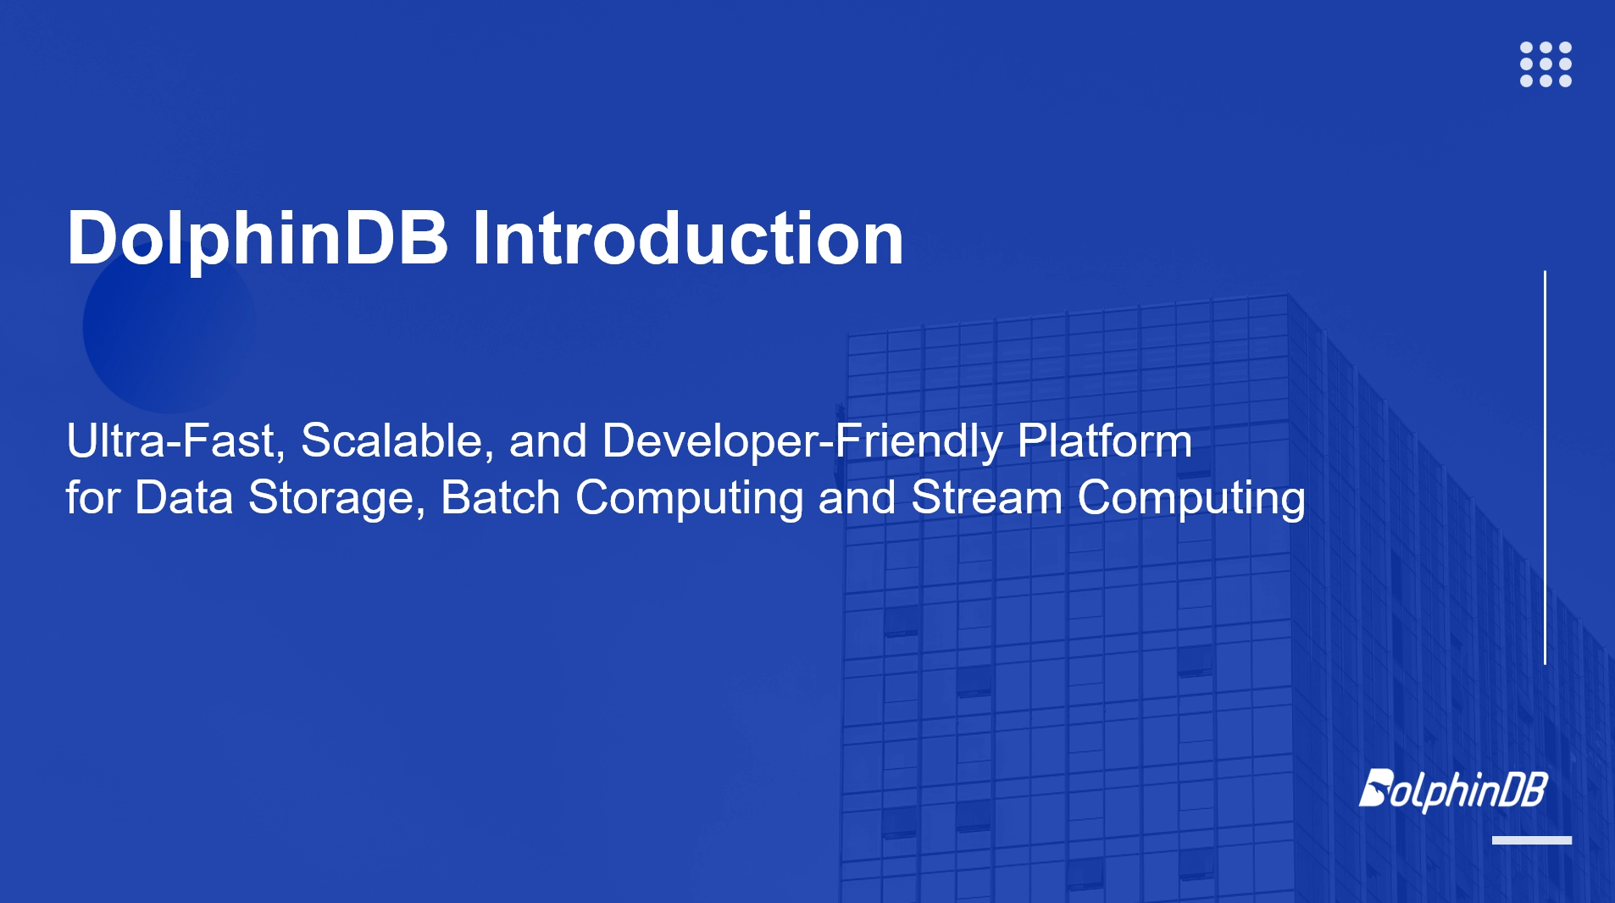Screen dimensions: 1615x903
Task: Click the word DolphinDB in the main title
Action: point(258,238)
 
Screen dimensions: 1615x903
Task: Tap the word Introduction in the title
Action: point(688,238)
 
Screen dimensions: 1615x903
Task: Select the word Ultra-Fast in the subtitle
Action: point(175,440)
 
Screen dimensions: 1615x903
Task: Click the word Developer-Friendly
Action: point(802,441)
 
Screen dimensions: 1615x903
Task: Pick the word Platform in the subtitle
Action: point(1105,440)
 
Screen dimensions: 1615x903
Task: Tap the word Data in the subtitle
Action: point(184,497)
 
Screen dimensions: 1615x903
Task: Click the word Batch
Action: point(501,497)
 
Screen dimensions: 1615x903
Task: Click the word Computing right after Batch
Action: point(689,498)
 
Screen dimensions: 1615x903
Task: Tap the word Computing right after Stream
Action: point(1191,498)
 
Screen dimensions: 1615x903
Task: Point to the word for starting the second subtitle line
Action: point(92,497)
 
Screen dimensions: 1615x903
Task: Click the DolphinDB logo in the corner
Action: point(1453,790)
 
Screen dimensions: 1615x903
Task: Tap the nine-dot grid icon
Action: point(1546,64)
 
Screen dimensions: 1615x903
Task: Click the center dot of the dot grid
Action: point(1546,64)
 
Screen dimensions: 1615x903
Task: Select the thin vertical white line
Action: point(1545,468)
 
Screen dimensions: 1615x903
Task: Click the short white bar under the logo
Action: point(1532,840)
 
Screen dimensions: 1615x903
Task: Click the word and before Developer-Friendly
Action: point(547,440)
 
